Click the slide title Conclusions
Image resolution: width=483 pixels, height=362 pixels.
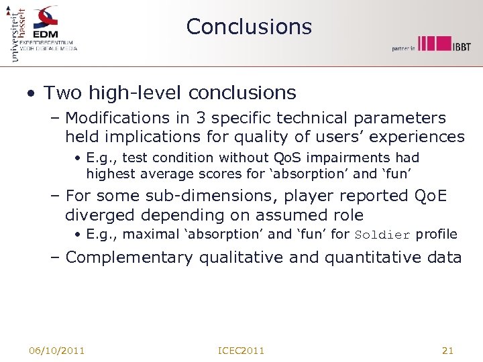coord(249,27)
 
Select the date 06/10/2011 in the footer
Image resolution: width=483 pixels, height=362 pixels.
coord(56,351)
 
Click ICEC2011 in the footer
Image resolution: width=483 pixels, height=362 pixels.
coord(241,351)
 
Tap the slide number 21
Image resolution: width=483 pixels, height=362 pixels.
coord(448,351)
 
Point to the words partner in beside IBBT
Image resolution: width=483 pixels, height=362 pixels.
coord(404,48)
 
